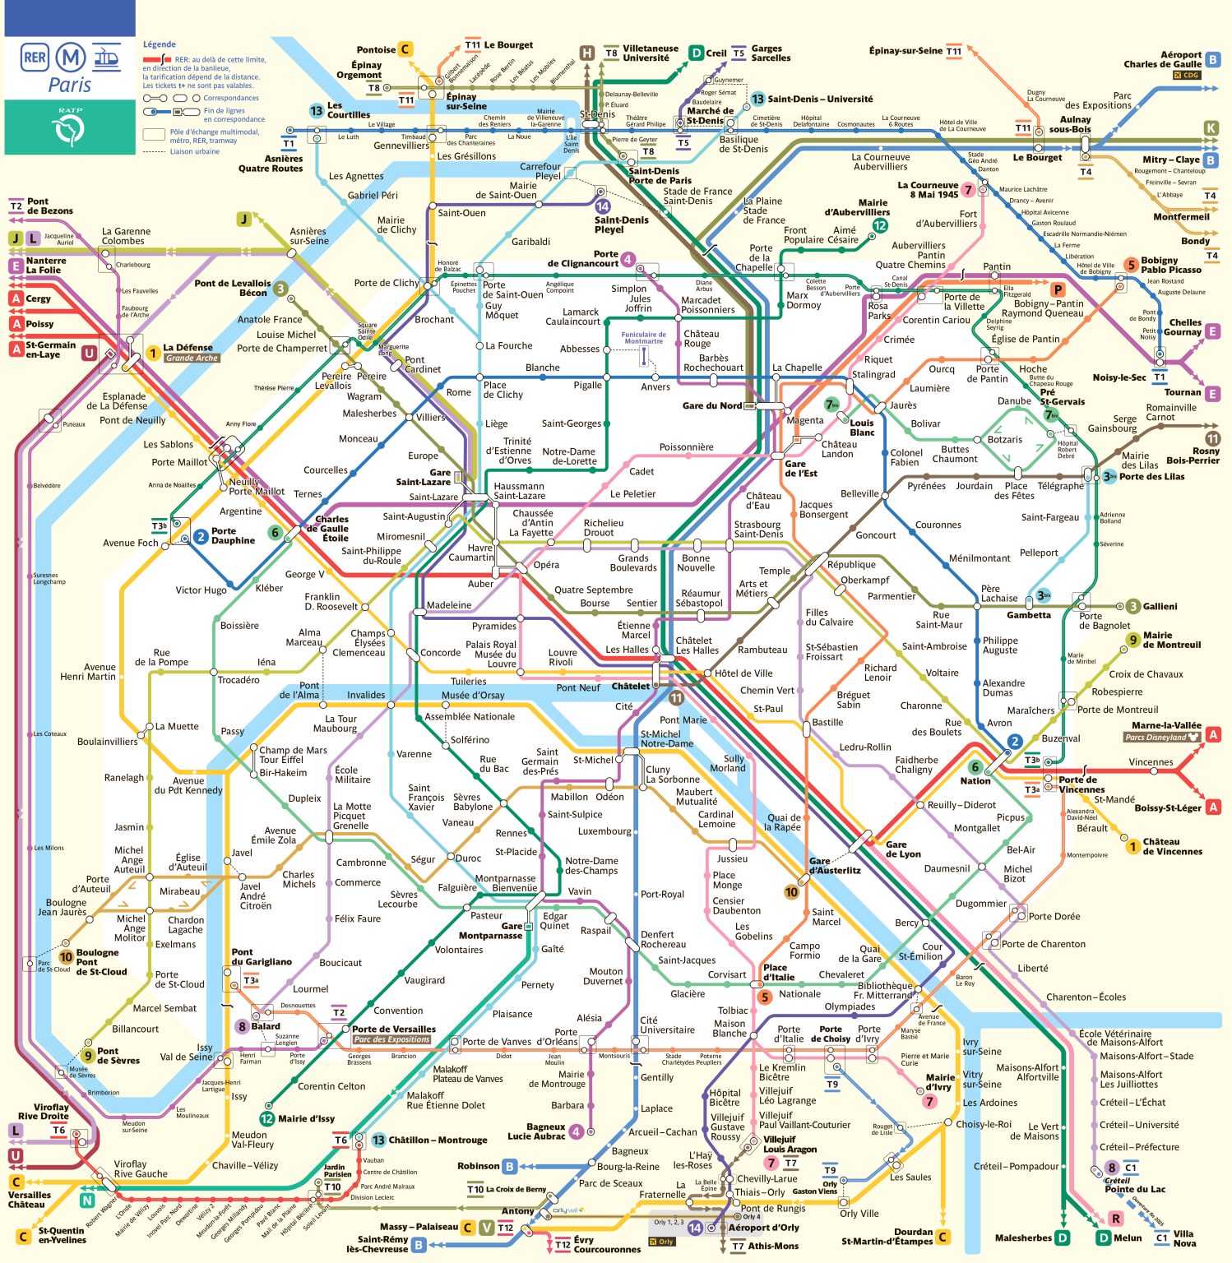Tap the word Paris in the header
pyautogui.click(x=70, y=85)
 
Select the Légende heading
pyautogui.click(x=159, y=44)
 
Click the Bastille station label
pyautogui.click(x=827, y=722)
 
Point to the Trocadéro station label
pyautogui.click(x=239, y=680)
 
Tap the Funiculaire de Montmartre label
pyautogui.click(x=643, y=337)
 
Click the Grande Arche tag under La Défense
pyautogui.click(x=192, y=359)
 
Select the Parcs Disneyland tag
pyautogui.click(x=1161, y=738)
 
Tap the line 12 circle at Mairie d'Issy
pyautogui.click(x=266, y=1118)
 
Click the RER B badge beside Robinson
pyautogui.click(x=510, y=1166)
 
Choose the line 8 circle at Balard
pyautogui.click(x=242, y=1026)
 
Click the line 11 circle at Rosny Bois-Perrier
pyautogui.click(x=1212, y=439)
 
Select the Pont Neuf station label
pyautogui.click(x=578, y=687)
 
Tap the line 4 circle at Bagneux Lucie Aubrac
pyautogui.click(x=577, y=1131)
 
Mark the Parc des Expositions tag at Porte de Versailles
pyautogui.click(x=391, y=1039)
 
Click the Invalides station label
pyautogui.click(x=366, y=695)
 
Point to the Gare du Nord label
pyautogui.click(x=711, y=405)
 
